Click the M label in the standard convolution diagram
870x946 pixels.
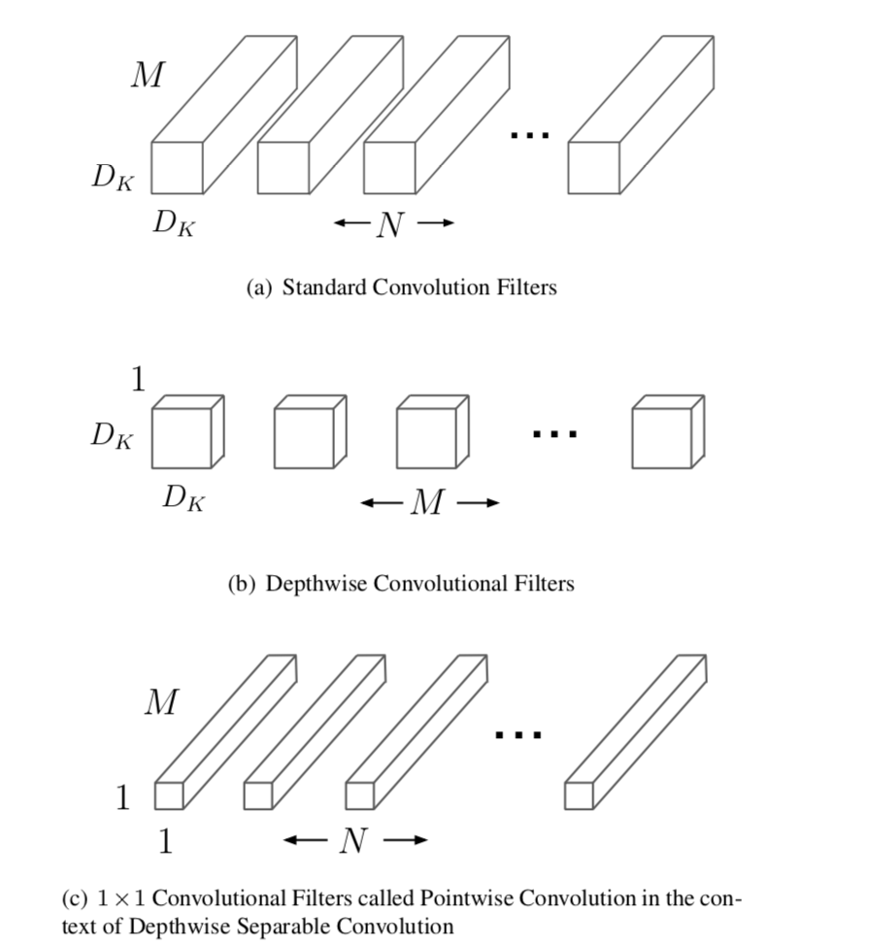pos(148,75)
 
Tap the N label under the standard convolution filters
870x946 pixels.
pos(389,224)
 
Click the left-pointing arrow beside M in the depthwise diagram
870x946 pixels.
pos(380,503)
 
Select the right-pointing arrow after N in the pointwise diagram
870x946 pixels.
pos(406,840)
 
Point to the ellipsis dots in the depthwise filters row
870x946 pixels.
pos(555,434)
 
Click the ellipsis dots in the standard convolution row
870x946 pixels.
pos(530,136)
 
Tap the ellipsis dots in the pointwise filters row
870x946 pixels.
pos(518,735)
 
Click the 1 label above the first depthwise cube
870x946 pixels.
pos(138,380)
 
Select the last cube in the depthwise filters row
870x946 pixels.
pos(667,433)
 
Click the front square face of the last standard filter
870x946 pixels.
pos(593,168)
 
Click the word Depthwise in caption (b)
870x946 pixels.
pos(316,584)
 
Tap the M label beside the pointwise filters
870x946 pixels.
pos(161,701)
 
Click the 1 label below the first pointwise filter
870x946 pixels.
pos(165,841)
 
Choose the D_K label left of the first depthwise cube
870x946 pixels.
pos(113,436)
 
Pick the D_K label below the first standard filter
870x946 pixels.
pos(174,224)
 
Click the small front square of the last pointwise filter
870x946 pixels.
pos(579,795)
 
